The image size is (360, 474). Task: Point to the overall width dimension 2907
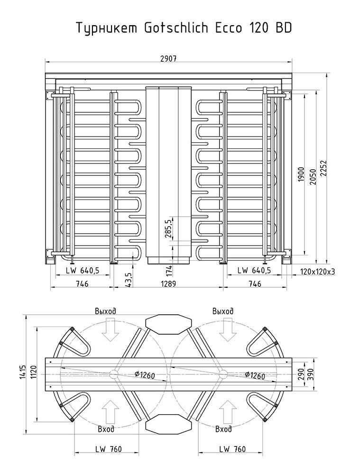click(x=168, y=59)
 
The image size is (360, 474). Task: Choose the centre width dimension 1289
click(x=168, y=284)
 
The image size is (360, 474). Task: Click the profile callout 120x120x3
click(x=317, y=271)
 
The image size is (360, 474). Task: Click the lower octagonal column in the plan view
click(x=168, y=423)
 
